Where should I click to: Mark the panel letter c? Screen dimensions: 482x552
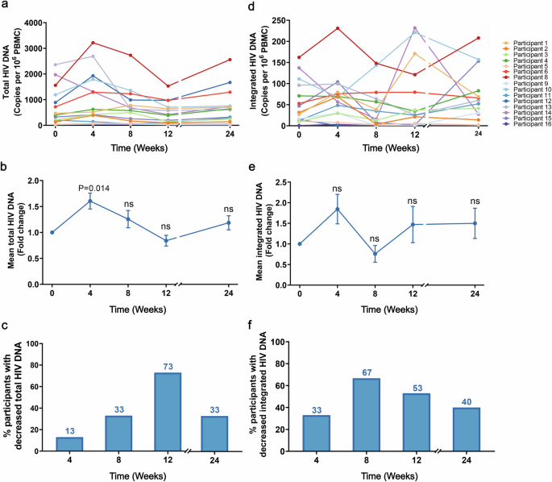pos(6,326)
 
